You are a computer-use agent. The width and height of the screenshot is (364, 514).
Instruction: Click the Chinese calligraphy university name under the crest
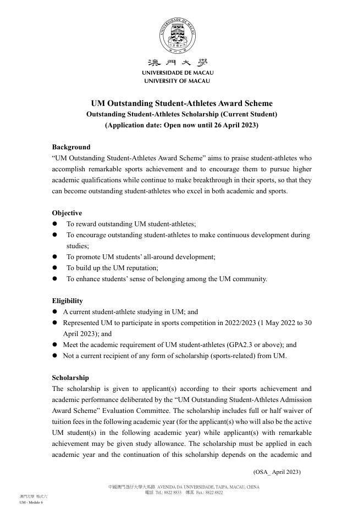pos(178,63)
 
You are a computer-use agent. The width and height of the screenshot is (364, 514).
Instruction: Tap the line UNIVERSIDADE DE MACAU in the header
pos(178,72)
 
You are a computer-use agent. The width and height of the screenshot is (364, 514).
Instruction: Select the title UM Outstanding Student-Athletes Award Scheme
pos(181,103)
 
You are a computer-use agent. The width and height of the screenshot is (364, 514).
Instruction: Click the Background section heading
pos(71,147)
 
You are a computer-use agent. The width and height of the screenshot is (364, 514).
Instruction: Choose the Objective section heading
pos(67,213)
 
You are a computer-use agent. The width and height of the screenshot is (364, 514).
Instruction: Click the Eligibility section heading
pos(68,301)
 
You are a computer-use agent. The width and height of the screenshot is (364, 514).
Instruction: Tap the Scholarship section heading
pos(70,378)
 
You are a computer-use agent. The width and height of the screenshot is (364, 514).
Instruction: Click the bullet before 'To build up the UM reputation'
pos(55,268)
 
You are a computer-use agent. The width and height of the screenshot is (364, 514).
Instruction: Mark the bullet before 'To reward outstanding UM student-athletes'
pos(55,224)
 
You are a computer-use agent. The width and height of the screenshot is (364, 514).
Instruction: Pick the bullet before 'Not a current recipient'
pos(55,356)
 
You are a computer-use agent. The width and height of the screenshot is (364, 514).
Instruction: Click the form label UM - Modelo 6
pos(31,502)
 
